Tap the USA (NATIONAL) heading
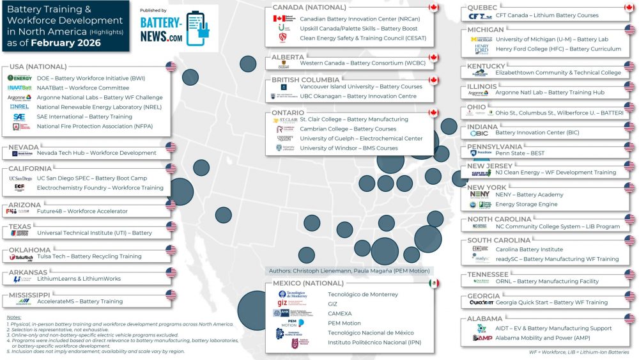[38, 67]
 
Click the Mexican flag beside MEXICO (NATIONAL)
[434, 283]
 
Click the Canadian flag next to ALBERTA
[433, 58]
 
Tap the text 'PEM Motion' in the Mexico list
[345, 324]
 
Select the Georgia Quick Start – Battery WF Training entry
[551, 302]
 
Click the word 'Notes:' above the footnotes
[14, 317]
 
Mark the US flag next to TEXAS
[171, 226]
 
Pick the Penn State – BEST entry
[520, 153]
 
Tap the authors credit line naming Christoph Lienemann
[350, 271]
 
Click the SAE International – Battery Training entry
[84, 117]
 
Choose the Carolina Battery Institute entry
[529, 249]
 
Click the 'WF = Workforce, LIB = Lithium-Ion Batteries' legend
[579, 352]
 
